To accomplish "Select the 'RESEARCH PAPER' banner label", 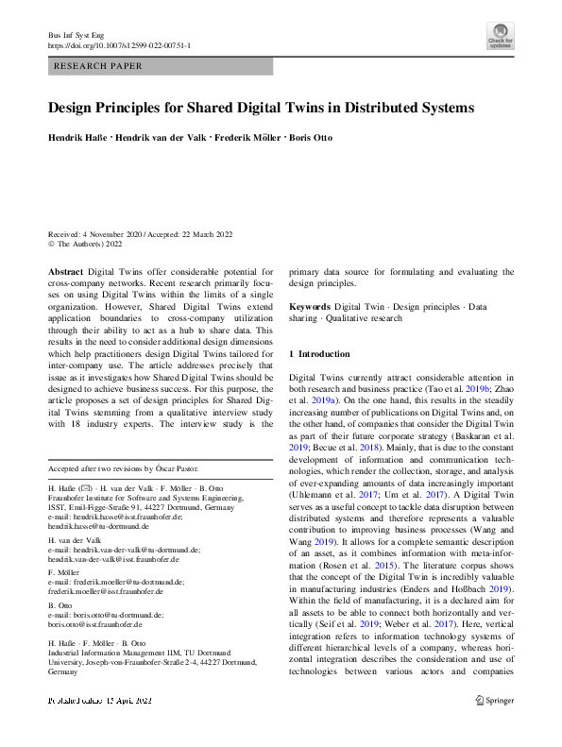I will tap(99, 67).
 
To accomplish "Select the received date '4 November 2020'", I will tap(116, 234).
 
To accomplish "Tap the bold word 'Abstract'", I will tap(66, 271).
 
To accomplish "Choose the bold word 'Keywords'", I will tap(310, 307).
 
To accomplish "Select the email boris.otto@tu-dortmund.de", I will tap(116, 614).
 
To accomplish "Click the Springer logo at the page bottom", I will tap(493, 726).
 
